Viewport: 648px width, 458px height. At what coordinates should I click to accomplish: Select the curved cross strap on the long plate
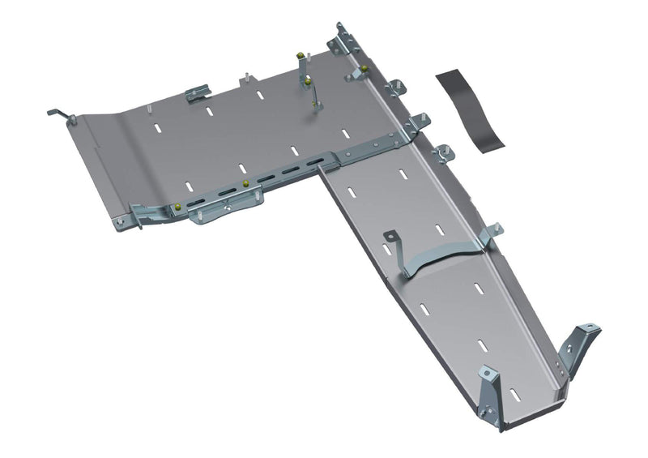[x=442, y=258]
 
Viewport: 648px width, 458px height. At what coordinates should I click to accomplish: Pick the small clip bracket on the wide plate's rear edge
[x=198, y=95]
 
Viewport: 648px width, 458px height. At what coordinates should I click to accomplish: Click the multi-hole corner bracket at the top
[x=343, y=40]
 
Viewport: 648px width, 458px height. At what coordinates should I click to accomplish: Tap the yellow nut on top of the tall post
[x=301, y=56]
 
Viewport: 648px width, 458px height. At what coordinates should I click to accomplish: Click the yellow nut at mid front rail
[x=245, y=184]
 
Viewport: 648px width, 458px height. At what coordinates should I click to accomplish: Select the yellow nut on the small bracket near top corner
[x=364, y=68]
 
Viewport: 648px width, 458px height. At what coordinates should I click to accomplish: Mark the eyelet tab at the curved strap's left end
[x=390, y=238]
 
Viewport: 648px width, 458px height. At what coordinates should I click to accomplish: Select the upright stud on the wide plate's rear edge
[x=242, y=78]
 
